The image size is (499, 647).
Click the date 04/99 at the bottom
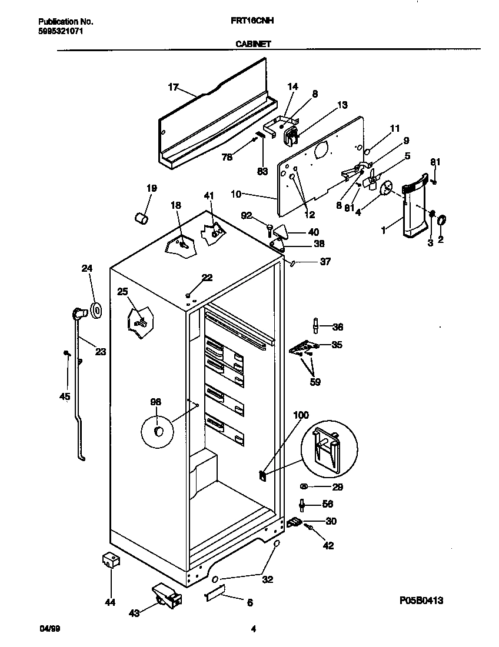tap(50, 629)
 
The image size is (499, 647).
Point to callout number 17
tap(172, 87)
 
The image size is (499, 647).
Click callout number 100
tap(300, 415)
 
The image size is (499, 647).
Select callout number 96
tap(155, 402)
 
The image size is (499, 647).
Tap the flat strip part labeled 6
tap(215, 596)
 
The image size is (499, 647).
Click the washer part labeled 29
tap(305, 486)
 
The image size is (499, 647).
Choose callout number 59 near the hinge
tap(316, 382)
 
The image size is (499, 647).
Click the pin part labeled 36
tap(316, 325)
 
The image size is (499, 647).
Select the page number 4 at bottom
tap(253, 629)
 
